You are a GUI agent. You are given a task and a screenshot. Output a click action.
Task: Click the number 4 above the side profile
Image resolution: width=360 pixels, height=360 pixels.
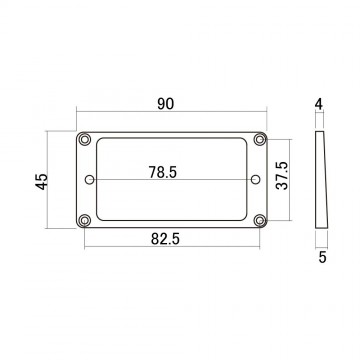[319, 103]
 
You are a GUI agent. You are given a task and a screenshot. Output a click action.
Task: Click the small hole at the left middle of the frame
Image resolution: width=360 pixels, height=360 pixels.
[92, 181]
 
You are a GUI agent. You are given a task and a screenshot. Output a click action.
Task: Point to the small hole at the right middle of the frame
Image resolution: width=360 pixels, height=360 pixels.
[254, 181]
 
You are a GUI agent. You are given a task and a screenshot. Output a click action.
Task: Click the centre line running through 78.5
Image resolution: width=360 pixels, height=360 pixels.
[130, 181]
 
